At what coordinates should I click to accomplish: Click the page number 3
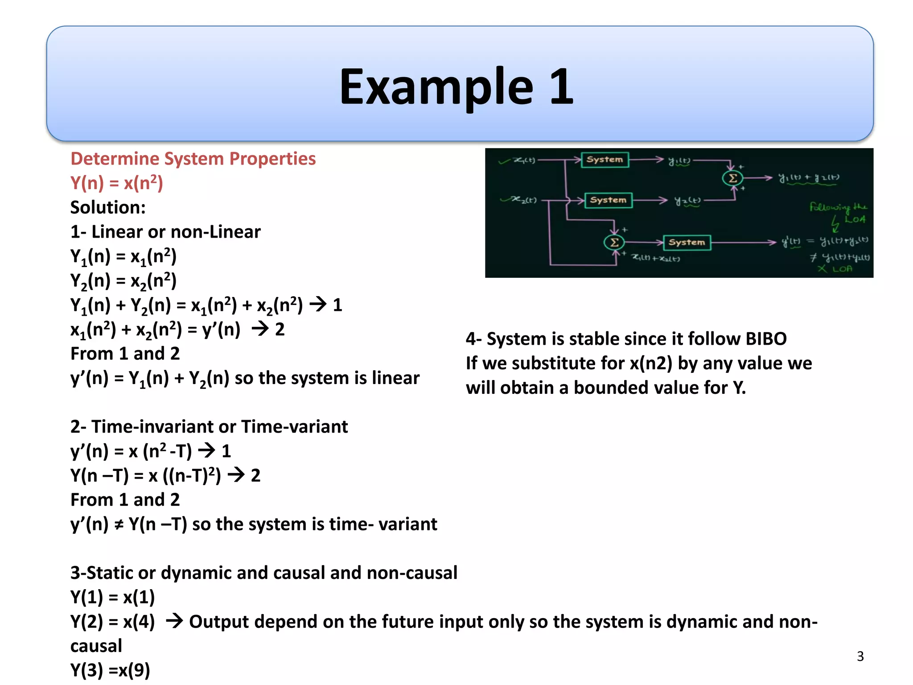pos(860,656)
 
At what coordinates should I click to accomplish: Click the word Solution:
pos(108,207)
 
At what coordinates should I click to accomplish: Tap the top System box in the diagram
pos(605,160)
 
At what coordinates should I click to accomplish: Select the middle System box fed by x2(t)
pos(608,200)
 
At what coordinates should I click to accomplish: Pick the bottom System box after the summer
pos(687,243)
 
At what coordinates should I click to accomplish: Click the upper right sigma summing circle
pos(732,178)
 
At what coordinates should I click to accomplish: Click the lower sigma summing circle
pos(614,243)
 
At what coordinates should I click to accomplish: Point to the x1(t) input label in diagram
pos(524,160)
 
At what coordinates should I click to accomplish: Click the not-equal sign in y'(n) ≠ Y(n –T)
pos(119,525)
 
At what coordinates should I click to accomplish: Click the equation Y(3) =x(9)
pos(110,670)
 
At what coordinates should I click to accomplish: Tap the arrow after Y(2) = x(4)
pos(174,621)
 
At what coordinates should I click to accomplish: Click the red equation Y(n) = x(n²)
pos(117,183)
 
